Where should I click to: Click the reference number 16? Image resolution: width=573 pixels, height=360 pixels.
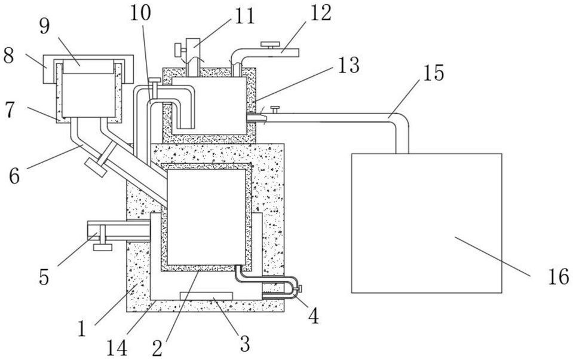coord(558,276)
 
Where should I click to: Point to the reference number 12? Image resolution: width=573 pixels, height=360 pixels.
coord(320,13)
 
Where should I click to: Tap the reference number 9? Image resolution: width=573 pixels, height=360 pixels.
coord(45,27)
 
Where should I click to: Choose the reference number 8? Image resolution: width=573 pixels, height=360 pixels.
coord(8,56)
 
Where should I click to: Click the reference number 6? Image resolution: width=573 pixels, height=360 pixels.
coord(14,176)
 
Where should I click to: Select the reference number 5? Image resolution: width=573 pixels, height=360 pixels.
coord(44,277)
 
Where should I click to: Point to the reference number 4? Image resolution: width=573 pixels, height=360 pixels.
coord(313,316)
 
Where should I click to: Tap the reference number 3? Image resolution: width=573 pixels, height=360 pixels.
coord(244,343)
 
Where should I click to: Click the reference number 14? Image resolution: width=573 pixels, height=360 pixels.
coord(117,348)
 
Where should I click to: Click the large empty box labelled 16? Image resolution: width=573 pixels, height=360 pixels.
coord(427,223)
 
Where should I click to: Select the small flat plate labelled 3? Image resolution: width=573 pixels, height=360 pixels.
coord(206,295)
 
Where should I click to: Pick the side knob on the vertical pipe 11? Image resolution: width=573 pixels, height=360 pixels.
coord(178,48)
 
